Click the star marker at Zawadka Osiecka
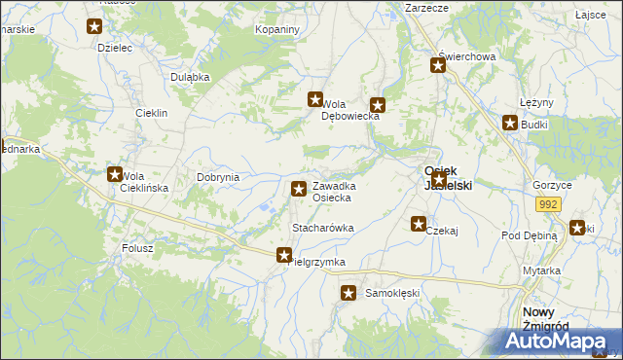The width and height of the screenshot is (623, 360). [297, 188]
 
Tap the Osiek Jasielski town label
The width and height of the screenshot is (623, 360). [447, 177]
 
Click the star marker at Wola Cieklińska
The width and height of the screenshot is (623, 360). [114, 175]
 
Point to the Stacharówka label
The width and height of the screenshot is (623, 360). [322, 228]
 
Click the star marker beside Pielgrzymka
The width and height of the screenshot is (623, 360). [283, 255]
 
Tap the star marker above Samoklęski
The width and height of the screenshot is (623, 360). [348, 292]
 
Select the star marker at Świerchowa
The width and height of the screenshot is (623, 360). [438, 65]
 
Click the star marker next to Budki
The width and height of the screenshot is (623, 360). [509, 123]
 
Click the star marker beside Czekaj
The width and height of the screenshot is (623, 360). [419, 224]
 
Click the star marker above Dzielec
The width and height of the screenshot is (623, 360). [94, 28]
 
